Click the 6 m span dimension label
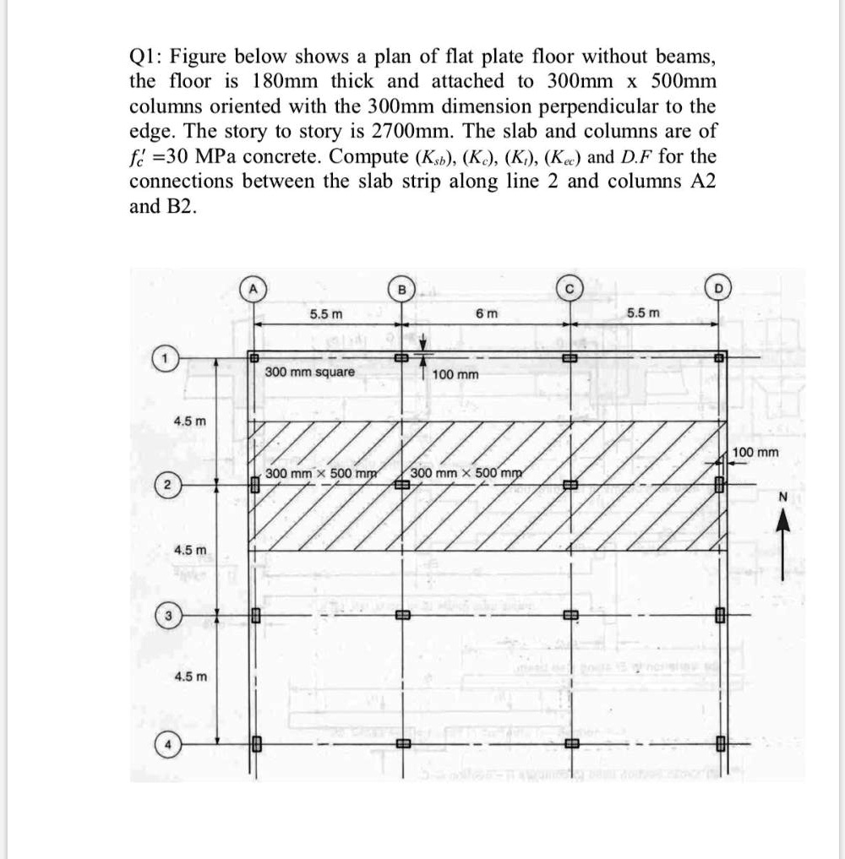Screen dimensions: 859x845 [486, 313]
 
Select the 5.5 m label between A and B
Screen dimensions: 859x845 [325, 313]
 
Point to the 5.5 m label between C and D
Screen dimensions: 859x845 [644, 313]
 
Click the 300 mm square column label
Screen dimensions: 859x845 [310, 372]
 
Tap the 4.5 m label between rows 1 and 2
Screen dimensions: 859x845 [189, 421]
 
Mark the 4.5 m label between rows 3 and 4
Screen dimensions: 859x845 [189, 677]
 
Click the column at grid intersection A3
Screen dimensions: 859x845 [253, 616]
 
